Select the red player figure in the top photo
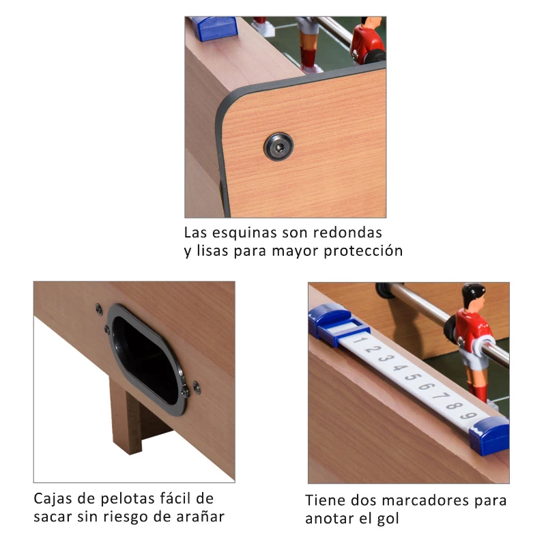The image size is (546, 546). pos(368,41)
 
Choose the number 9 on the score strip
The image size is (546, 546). pos(466,416)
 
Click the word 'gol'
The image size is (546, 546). pos(388,519)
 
